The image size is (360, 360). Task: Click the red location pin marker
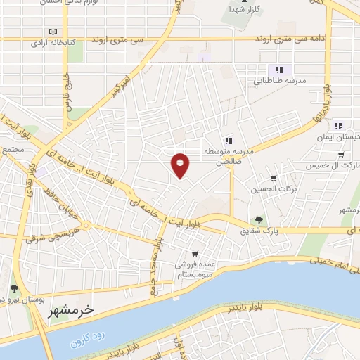click(181, 165)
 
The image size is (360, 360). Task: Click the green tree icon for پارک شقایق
click(259, 220)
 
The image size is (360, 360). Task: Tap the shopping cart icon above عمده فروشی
click(195, 254)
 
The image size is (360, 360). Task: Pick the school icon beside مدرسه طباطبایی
click(278, 70)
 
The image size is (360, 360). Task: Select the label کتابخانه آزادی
click(52, 43)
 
